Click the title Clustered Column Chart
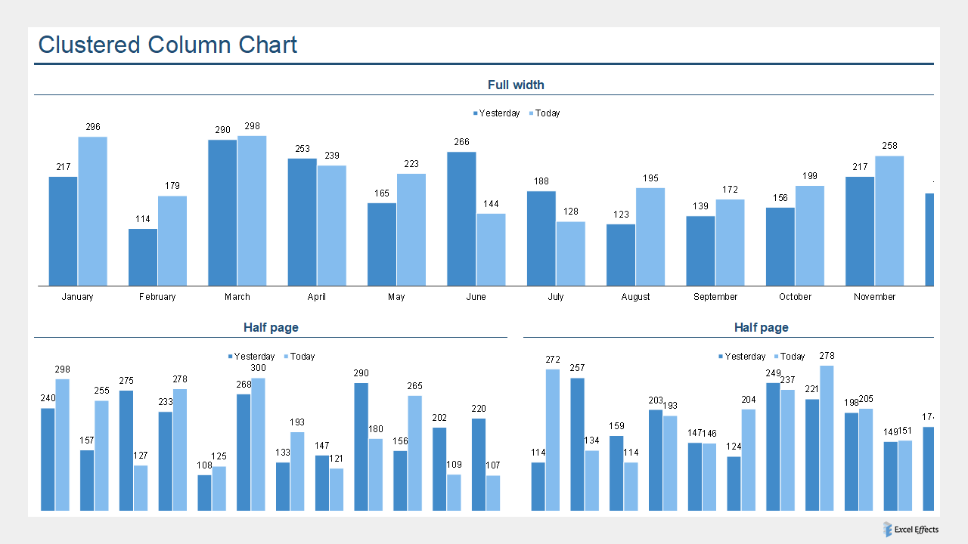(x=167, y=45)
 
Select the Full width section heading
(x=516, y=85)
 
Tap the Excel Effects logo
(x=911, y=530)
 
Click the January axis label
(x=77, y=297)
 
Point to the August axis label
(x=635, y=297)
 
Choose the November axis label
(x=874, y=297)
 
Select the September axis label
(x=715, y=297)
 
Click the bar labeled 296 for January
(x=92, y=212)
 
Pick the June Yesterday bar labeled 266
(x=461, y=219)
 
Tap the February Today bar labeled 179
(x=172, y=241)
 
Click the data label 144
(x=491, y=204)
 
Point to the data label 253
(x=302, y=149)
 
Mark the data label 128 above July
(x=570, y=212)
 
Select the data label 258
(x=889, y=146)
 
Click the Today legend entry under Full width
(x=547, y=113)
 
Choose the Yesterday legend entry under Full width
(x=499, y=113)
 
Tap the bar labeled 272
(x=553, y=440)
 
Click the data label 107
(x=492, y=465)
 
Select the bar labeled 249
(x=773, y=447)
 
